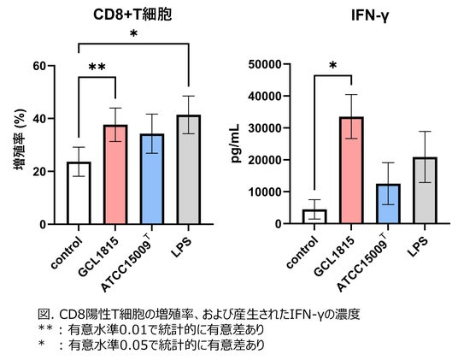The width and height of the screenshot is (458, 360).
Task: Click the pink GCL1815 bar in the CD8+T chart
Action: click(115, 174)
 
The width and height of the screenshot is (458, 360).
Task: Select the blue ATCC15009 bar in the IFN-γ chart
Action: click(389, 204)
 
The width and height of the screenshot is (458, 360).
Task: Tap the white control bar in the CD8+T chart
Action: click(79, 193)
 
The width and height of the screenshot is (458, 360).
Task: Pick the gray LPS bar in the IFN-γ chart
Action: click(426, 191)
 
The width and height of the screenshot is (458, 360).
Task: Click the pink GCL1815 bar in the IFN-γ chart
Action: click(352, 170)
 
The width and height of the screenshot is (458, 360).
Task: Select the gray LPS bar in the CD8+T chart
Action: click(189, 170)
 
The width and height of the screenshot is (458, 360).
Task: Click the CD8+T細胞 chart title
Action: click(132, 15)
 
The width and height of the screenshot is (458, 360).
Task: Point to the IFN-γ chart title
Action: click(370, 15)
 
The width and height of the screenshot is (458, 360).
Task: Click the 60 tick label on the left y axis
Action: click(39, 66)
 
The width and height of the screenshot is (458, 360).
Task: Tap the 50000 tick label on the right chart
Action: click(265, 64)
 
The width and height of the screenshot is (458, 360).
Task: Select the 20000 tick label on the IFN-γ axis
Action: click(265, 160)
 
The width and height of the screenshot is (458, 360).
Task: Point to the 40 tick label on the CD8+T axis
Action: click(39, 119)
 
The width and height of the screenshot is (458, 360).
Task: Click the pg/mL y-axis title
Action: click(236, 143)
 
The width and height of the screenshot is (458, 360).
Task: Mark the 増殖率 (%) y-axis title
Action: click(20, 139)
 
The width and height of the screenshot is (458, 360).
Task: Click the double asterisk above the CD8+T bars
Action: click(97, 68)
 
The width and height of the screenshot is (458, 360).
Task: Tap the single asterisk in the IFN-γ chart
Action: click(332, 66)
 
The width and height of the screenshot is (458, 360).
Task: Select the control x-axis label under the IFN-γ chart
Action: click(302, 252)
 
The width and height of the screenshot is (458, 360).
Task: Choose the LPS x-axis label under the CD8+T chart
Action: click(181, 247)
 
